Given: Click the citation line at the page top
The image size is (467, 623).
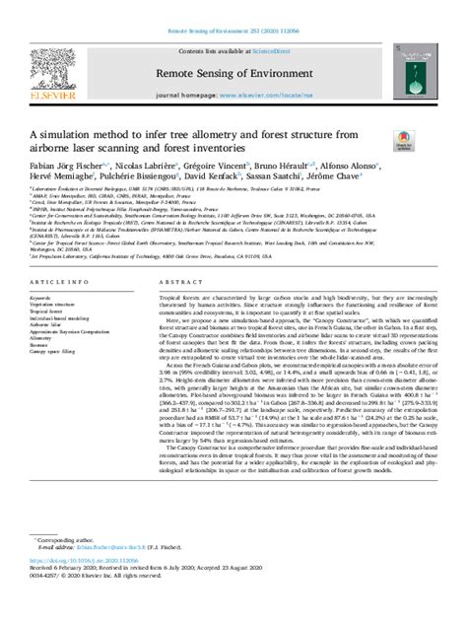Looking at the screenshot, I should coord(233,7).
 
